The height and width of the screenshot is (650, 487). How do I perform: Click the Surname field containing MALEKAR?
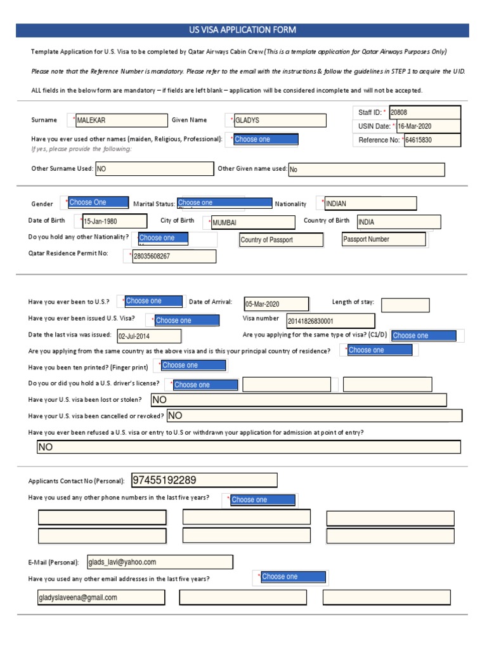pyautogui.click(x=121, y=120)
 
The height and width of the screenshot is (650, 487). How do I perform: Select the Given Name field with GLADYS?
pyautogui.click(x=279, y=121)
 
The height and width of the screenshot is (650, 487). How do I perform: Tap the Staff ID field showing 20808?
pyautogui.click(x=424, y=112)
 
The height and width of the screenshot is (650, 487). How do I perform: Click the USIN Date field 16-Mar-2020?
pyautogui.click(x=428, y=126)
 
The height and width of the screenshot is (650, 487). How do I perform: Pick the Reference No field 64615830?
pyautogui.click(x=432, y=140)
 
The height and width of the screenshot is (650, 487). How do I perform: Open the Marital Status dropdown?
pyautogui.click(x=224, y=203)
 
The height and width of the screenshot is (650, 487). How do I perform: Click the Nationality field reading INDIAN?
pyautogui.click(x=370, y=204)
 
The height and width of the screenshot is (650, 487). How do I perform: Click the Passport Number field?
pyautogui.click(x=383, y=239)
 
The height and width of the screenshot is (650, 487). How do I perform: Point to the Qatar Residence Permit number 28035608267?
pyautogui.click(x=173, y=256)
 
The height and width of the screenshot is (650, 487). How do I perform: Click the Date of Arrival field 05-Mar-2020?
pyautogui.click(x=276, y=304)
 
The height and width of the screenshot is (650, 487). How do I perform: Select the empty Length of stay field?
pyautogui.click(x=405, y=305)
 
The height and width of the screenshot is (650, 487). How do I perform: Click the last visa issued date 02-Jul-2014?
pyautogui.click(x=148, y=336)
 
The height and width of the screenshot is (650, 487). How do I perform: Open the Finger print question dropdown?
pyautogui.click(x=193, y=365)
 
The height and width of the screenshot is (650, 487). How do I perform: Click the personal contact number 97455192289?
pyautogui.click(x=204, y=480)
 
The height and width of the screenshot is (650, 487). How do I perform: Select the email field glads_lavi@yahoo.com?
pyautogui.click(x=159, y=562)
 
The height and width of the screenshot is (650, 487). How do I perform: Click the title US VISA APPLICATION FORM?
pyautogui.click(x=243, y=30)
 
